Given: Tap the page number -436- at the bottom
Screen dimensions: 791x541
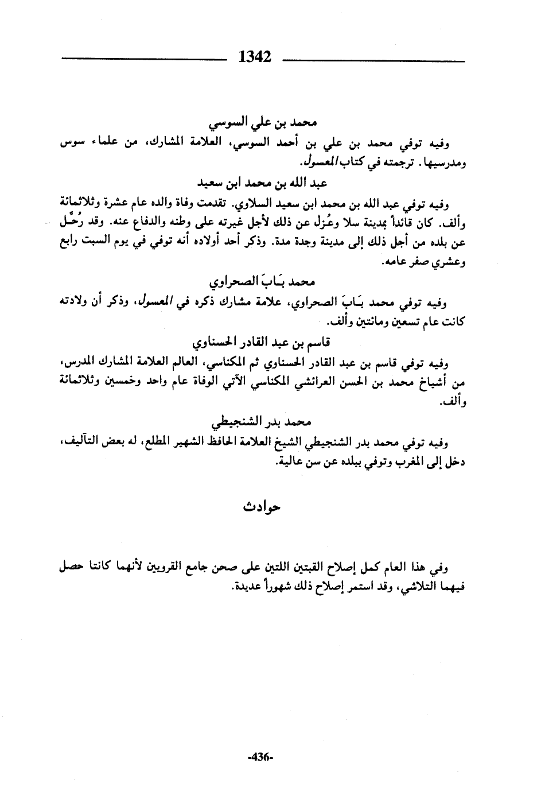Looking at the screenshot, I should (260, 757).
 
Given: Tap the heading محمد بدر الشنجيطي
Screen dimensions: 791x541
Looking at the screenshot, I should (261, 423).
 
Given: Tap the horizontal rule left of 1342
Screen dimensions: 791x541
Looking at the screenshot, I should (143, 58).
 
